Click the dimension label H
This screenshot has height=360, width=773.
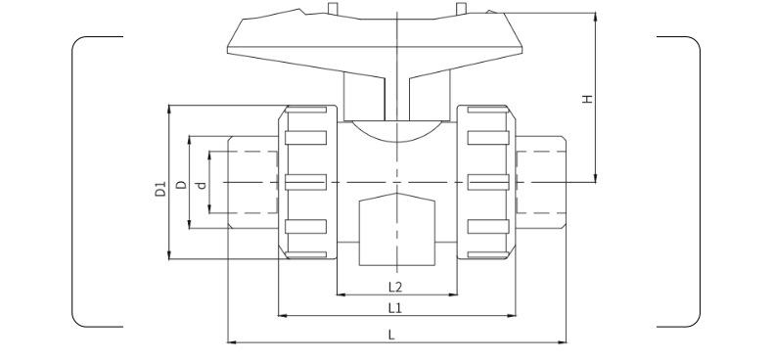[587, 98]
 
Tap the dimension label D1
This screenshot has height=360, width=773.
[160, 189]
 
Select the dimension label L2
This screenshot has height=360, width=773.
[395, 287]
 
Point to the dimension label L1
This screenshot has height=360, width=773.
[395, 308]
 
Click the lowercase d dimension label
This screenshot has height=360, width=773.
[202, 185]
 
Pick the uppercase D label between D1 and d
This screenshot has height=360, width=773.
[182, 185]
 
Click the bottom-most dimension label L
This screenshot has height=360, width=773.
[391, 335]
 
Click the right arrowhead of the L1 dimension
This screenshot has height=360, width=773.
[511, 316]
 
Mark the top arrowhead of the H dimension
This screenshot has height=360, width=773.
[596, 17]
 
